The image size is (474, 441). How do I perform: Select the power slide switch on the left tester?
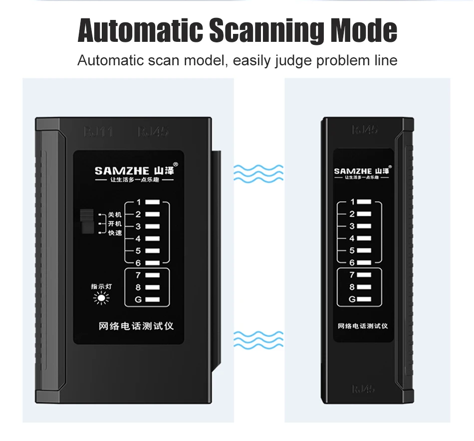pos(86,222)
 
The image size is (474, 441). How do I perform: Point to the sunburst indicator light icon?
pos(102,299)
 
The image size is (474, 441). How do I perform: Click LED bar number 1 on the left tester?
pos(153,203)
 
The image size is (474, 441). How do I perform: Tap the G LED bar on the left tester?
pos(153,299)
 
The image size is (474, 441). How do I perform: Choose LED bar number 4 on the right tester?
pos(365,238)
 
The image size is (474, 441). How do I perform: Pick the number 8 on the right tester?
pos(352,287)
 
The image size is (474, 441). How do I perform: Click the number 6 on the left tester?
pos(139,263)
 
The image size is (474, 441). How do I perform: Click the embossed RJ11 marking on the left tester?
pos(98,132)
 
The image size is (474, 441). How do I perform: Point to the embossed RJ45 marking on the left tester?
pos(153,132)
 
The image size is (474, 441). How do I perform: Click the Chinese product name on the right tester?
pos(363,326)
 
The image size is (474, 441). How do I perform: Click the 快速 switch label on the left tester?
pos(115,233)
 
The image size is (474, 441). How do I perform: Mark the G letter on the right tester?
pos(352,299)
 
